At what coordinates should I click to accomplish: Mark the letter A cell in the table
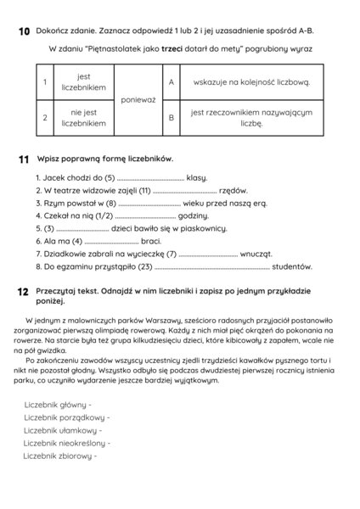tap(172, 82)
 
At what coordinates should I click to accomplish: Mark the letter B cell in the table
tap(172, 117)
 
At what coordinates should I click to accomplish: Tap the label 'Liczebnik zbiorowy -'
tap(60, 456)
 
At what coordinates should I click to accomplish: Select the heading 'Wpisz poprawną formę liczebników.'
tap(105, 159)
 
